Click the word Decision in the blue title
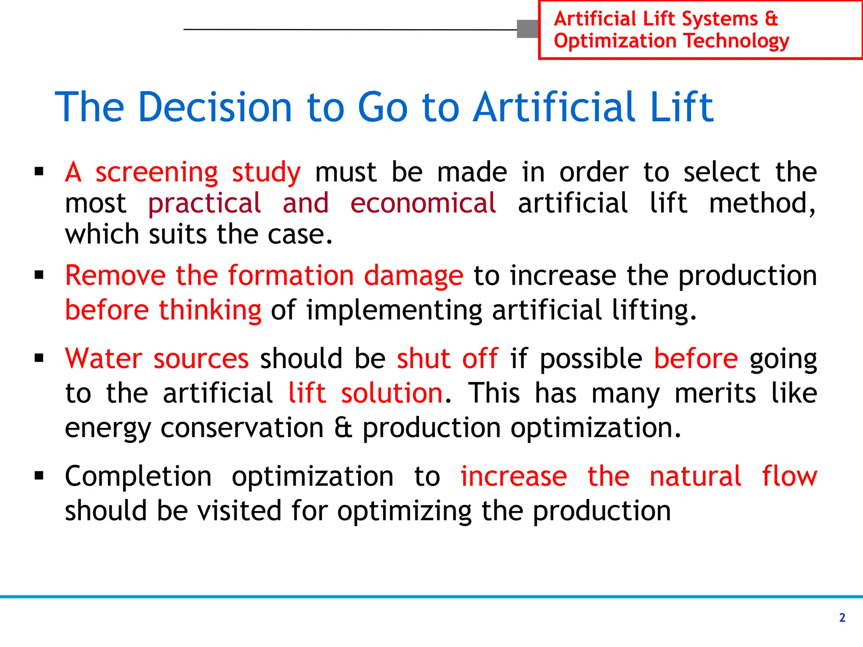tap(215, 107)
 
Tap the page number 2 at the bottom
tap(842, 618)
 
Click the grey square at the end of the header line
tap(528, 29)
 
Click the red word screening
tap(156, 173)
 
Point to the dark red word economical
tap(423, 203)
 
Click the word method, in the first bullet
tap(762, 203)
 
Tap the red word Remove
tap(115, 276)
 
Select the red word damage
tap(413, 277)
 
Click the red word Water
tap(104, 359)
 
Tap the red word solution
tap(391, 393)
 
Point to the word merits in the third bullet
tap(715, 393)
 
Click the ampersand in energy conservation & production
tap(343, 428)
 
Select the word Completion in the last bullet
tap(138, 477)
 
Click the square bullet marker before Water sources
tap(39, 359)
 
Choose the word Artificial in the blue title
tap(555, 107)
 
